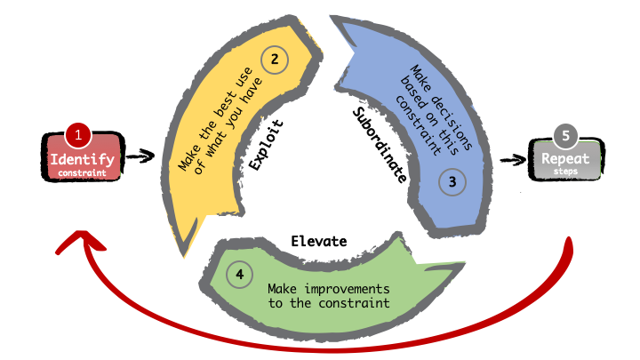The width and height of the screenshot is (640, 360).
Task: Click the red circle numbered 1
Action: pos(78,136)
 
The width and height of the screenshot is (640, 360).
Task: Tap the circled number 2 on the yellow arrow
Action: pos(274,60)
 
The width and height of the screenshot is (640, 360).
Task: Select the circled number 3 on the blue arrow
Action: pos(452,181)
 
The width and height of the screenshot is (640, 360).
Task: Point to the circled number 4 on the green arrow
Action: pos(238,275)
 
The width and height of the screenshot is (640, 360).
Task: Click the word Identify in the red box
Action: pos(82,159)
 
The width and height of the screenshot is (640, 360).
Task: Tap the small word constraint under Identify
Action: pos(82,172)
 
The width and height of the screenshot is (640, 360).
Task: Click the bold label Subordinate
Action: pos(379,146)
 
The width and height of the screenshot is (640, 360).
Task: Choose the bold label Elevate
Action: pos(318,241)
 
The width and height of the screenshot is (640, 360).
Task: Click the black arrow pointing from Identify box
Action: pos(140,156)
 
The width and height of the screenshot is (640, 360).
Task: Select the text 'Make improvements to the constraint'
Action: pos(328,297)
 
